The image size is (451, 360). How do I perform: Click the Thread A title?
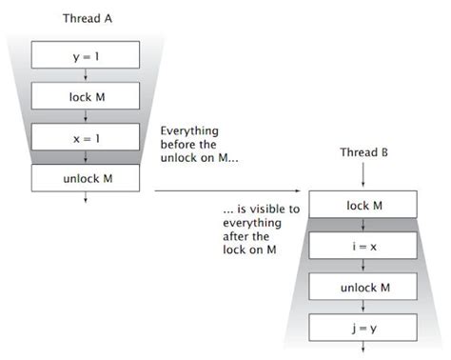87,18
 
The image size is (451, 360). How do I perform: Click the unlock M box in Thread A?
86,177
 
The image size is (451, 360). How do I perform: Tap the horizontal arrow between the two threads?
228,191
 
